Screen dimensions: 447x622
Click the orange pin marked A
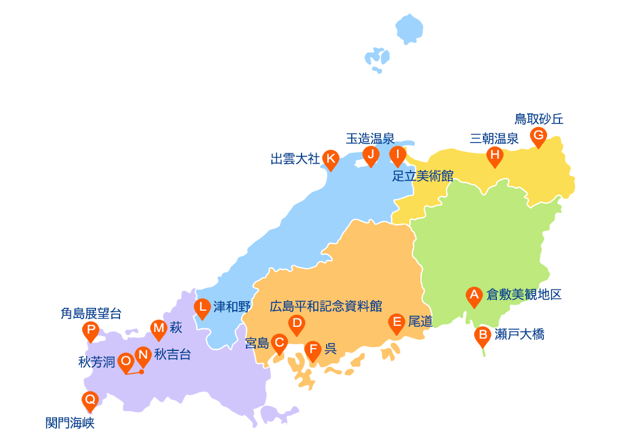474,296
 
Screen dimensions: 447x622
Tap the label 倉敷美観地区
524,294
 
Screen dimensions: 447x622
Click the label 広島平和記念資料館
326,306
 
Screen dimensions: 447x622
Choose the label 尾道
420,321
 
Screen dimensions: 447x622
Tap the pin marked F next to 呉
313,350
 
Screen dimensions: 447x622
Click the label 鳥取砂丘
539,119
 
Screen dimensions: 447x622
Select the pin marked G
538,136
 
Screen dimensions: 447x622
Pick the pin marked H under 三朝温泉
495,155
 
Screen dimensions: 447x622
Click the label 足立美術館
422,176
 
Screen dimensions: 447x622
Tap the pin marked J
371,155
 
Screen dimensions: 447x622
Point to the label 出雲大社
295,159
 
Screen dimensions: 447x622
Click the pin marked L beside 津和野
202,307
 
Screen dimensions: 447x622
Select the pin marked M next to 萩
159,329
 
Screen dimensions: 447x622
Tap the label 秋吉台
173,354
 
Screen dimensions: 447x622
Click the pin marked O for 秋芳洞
126,362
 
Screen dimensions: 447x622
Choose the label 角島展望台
90,313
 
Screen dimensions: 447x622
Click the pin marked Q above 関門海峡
90,400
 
